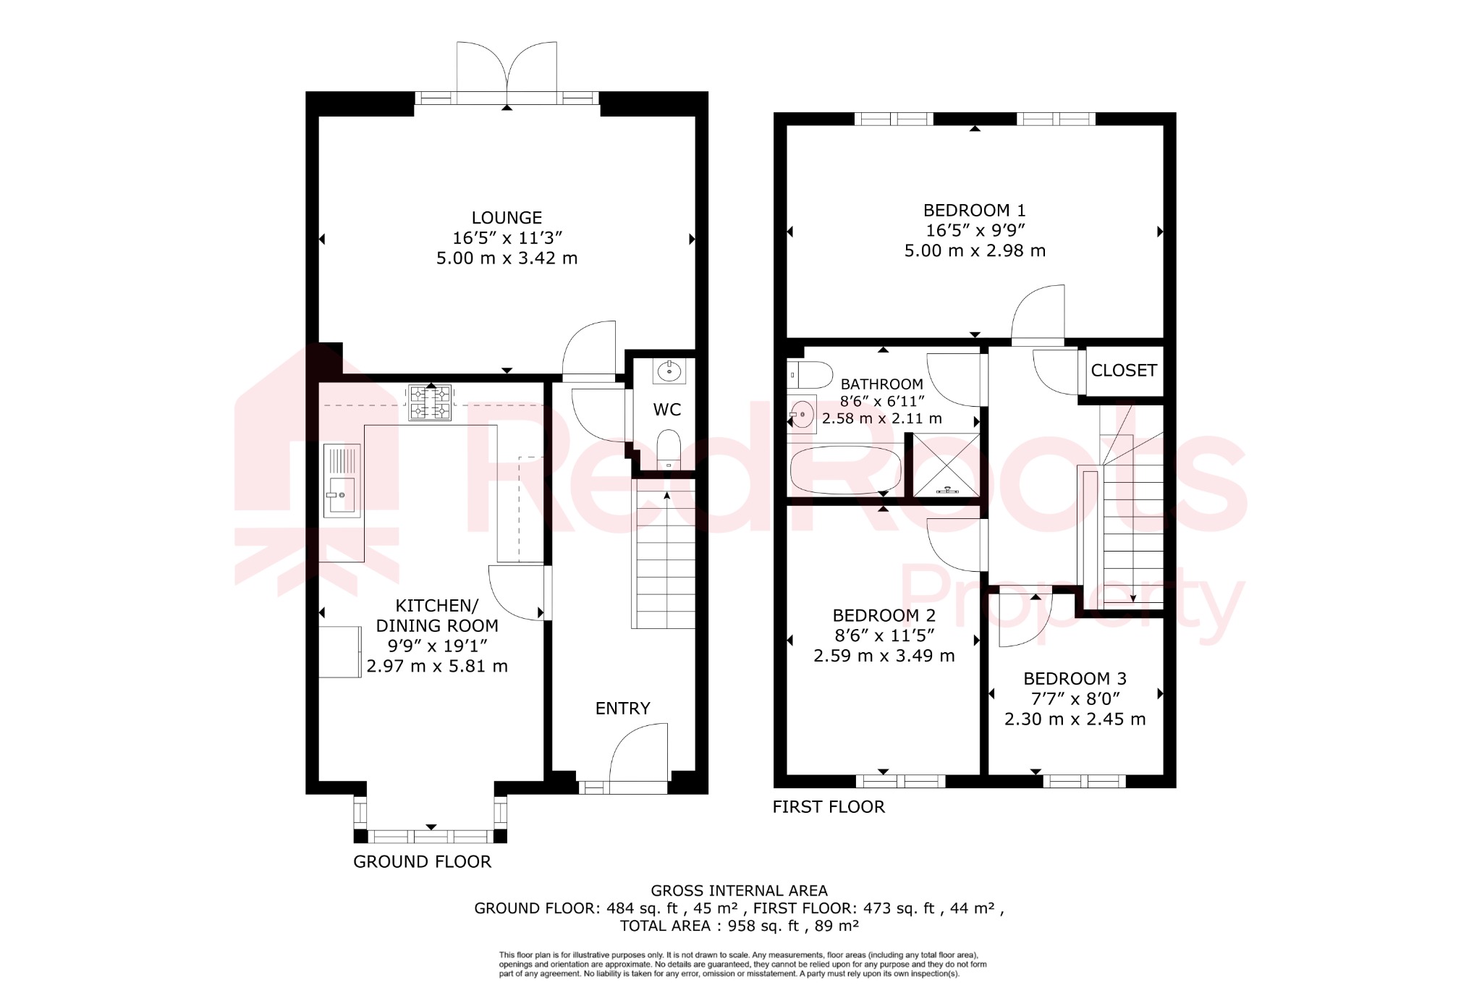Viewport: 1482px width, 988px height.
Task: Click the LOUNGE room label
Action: coord(507,218)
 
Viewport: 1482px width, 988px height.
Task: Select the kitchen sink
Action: coord(342,480)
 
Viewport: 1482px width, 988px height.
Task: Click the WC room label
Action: coord(666,410)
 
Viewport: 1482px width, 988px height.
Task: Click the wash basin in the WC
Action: coord(669,371)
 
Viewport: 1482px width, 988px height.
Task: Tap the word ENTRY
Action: coord(622,709)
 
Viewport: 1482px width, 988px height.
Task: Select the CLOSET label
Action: coord(1123,371)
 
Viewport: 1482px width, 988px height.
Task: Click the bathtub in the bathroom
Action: coord(845,470)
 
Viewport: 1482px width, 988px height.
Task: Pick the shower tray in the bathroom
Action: coord(946,465)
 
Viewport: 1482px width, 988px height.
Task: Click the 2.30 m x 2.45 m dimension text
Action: coord(1075,719)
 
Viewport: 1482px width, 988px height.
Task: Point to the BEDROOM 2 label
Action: coord(884,616)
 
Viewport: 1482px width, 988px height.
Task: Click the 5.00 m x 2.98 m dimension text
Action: coord(974,251)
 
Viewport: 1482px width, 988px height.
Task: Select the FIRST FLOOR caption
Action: coord(828,807)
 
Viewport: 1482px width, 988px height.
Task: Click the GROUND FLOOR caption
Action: coord(422,862)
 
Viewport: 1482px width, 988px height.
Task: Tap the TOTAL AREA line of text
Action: coord(739,926)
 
